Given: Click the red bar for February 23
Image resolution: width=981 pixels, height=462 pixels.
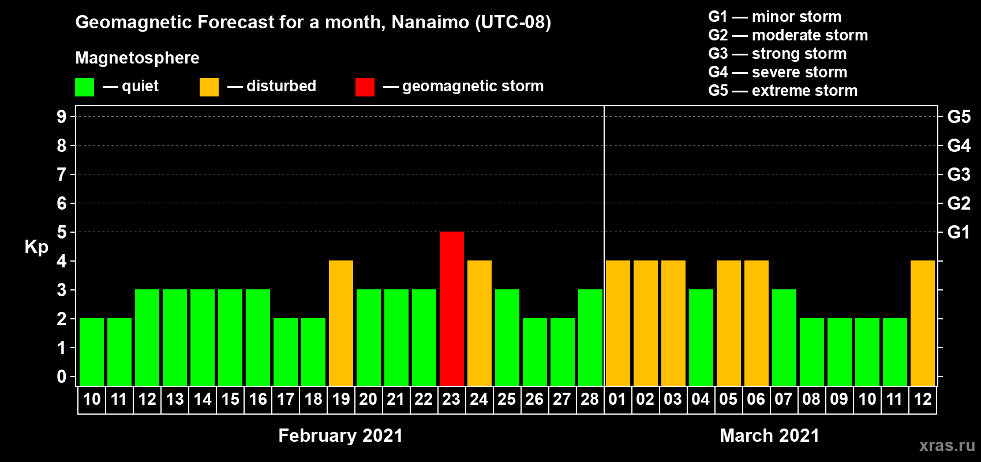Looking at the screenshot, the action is tap(451, 308).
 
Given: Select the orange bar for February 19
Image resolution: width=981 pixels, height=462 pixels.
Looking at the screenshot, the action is tap(340, 323).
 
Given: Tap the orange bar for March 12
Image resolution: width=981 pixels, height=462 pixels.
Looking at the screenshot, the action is tap(922, 323).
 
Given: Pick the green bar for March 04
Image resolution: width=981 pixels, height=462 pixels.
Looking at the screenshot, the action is tap(701, 337).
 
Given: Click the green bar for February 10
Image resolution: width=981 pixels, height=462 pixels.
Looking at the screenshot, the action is tap(92, 352).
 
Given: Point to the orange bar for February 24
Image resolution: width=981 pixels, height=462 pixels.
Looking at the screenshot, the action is tap(479, 323).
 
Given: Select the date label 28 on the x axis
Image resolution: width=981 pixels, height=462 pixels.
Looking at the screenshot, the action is tap(590, 399).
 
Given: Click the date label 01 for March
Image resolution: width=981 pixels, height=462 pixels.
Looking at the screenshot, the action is tap(617, 399).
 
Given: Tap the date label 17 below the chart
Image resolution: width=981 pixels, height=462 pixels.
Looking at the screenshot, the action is tap(285, 399).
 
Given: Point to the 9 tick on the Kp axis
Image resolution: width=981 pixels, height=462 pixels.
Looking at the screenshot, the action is tap(62, 117).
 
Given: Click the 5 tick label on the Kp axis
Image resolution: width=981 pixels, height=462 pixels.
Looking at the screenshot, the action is tap(62, 232).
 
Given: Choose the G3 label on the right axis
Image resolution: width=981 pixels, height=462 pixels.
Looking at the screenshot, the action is tap(959, 174).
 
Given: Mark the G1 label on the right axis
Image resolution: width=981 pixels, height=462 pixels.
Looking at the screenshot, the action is tap(958, 232).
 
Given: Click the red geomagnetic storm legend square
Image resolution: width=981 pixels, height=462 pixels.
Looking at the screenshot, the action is tap(365, 87).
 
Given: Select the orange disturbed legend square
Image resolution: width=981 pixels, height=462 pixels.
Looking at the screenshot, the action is tap(209, 87).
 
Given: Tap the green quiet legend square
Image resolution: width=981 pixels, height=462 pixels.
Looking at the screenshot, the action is tap(84, 87).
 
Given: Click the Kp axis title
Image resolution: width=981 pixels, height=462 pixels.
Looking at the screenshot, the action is tap(36, 247).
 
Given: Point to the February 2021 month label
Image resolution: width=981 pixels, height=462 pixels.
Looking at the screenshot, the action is tap(340, 435).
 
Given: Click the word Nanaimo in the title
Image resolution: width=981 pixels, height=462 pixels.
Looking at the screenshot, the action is tap(430, 22).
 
